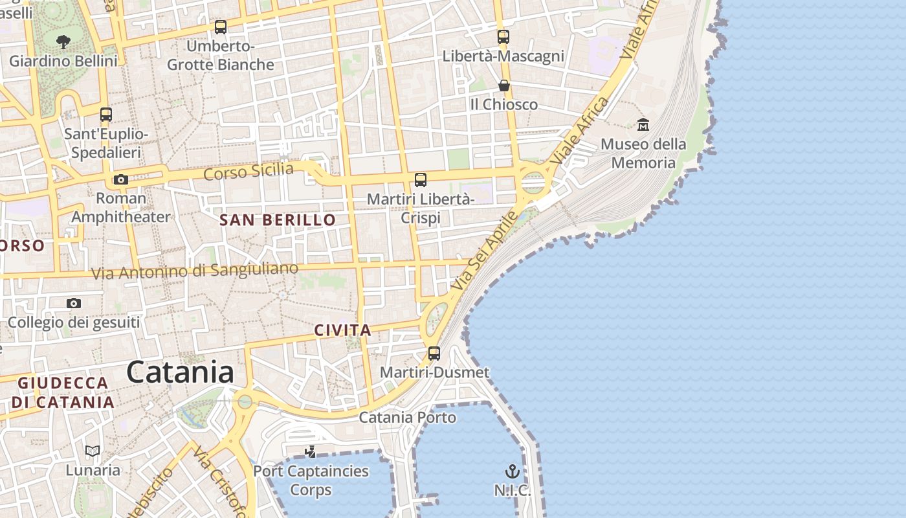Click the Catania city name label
click(x=180, y=372)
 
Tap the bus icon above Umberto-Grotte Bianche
click(x=221, y=27)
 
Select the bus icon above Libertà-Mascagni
click(x=503, y=37)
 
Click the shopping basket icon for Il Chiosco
click(x=503, y=85)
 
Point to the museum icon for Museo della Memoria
click(x=643, y=124)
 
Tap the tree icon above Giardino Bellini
click(x=63, y=43)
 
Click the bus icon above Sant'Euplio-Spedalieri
click(x=106, y=115)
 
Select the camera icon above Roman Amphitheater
click(x=120, y=179)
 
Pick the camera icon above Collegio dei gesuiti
click(x=74, y=303)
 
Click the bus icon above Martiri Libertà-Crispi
click(x=421, y=180)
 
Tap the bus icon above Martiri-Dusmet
click(x=434, y=354)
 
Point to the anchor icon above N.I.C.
click(x=513, y=471)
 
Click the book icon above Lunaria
click(x=93, y=451)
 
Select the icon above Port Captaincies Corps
click(x=311, y=451)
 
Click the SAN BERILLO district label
click(x=278, y=220)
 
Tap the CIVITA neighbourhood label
click(x=342, y=330)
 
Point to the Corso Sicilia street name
click(x=249, y=172)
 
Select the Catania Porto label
click(x=408, y=417)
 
